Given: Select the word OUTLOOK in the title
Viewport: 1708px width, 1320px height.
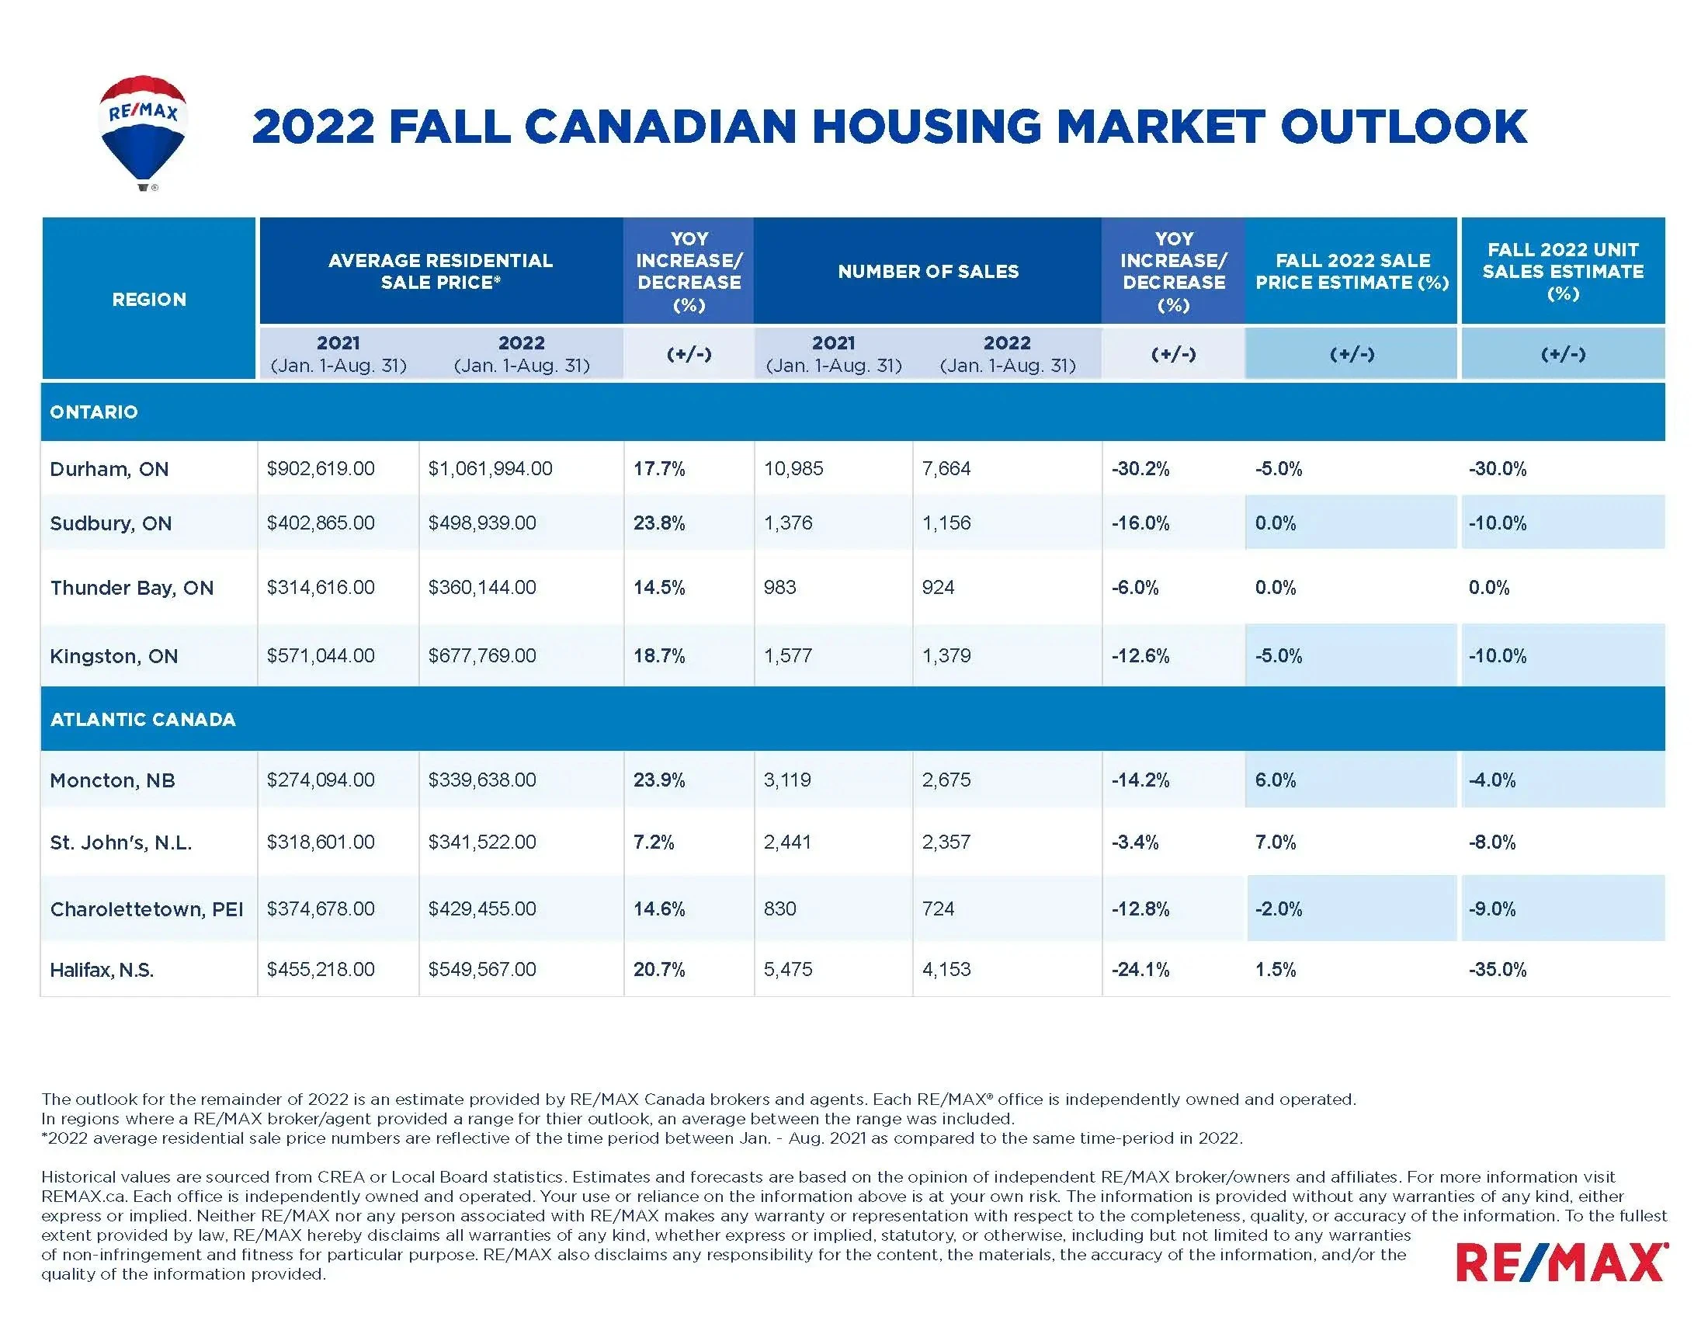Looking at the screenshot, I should [x=1403, y=127].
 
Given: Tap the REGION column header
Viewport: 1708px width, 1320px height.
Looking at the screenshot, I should [x=148, y=300].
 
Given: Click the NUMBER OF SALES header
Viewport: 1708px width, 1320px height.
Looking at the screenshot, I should [x=928, y=271].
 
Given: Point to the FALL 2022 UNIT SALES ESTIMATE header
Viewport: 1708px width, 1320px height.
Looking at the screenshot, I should [x=1563, y=271].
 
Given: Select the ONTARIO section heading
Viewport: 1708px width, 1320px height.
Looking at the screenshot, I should [x=94, y=412].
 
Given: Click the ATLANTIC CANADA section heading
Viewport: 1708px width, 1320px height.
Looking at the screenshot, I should [x=142, y=720].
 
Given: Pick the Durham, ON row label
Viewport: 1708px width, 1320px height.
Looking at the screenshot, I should [x=109, y=469].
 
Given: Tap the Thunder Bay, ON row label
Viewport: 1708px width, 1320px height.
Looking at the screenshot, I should [x=131, y=588].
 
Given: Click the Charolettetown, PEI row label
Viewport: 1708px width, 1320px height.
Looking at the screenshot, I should [x=146, y=909].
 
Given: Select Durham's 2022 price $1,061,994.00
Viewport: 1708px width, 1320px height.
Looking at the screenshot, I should [x=490, y=469].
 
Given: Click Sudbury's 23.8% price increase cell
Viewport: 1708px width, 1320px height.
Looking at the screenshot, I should [x=658, y=523].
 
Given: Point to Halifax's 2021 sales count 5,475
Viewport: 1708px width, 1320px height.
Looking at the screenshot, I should [x=787, y=970].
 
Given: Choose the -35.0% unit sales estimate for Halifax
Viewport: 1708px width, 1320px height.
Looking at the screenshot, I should [x=1497, y=970].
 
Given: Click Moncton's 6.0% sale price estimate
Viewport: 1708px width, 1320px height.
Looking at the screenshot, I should [x=1275, y=780].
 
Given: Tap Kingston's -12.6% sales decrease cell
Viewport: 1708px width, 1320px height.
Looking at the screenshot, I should [x=1140, y=656].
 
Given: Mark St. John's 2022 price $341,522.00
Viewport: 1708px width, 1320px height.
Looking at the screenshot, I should [x=482, y=842].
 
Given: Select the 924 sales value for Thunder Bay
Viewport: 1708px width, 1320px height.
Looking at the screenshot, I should [x=938, y=588].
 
